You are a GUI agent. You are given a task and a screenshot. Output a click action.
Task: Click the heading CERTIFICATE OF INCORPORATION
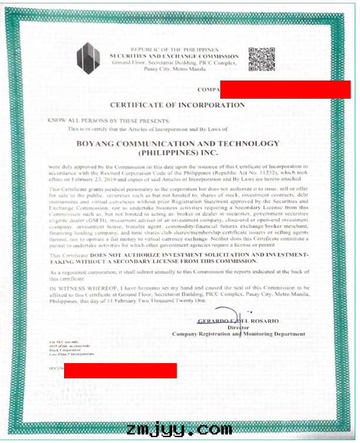177,105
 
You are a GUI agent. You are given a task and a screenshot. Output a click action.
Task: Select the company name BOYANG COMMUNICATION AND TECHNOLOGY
177,143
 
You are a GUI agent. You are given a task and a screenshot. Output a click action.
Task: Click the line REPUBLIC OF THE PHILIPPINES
174,49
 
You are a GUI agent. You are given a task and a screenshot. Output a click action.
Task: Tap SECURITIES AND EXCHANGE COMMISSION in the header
174,55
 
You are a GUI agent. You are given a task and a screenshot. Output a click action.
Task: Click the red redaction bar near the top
285,89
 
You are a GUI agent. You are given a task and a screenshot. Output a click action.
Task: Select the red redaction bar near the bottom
120,370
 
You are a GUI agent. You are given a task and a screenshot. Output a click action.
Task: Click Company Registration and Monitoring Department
238,334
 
